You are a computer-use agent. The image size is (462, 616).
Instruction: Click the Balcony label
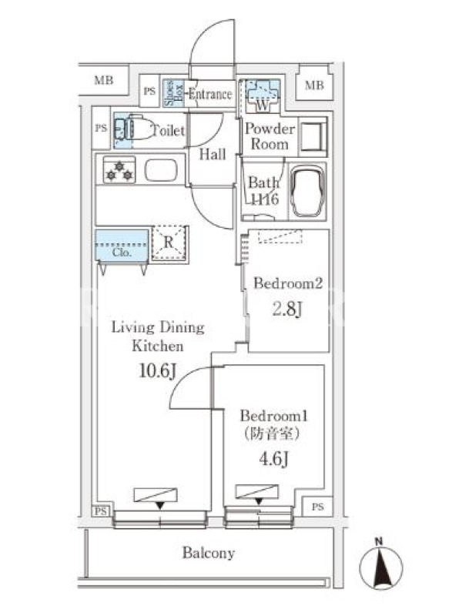pos(208,553)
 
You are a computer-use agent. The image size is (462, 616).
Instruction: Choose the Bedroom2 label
pos(287,283)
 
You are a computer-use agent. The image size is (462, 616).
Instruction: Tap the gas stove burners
pos(119,170)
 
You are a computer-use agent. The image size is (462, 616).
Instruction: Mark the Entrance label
pos(210,95)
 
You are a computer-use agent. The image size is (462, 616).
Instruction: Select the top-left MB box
pos(102,79)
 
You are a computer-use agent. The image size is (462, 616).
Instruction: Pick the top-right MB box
pos(314,85)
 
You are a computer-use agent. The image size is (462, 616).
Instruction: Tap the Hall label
pos(213,155)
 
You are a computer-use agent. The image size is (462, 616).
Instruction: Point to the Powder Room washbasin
pos(312,136)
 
